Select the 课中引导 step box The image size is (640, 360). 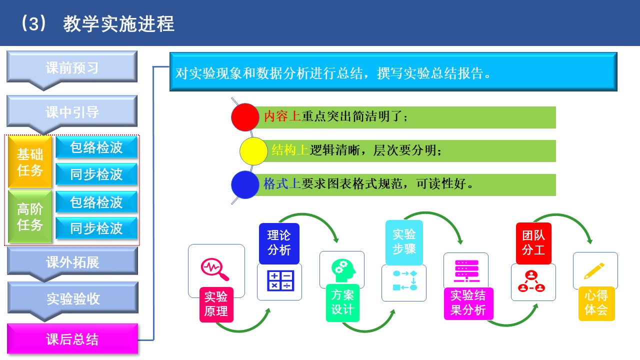point(72,111)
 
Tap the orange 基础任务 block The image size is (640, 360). point(30,162)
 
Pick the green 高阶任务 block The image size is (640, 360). point(30,216)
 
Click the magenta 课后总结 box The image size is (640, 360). point(72,339)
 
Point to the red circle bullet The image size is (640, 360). point(245,117)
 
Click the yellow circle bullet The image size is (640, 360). point(253,151)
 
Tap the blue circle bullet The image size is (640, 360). point(245,185)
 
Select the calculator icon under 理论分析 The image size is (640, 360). point(280,280)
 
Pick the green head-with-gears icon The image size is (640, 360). point(343,270)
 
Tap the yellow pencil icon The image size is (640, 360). point(594,270)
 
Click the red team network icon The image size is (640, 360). point(531,281)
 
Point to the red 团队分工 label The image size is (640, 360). point(533,243)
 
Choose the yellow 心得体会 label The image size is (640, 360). point(596,303)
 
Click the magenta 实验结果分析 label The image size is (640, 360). point(468,303)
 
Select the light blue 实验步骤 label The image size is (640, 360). point(404,242)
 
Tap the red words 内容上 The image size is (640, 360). point(282,116)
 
